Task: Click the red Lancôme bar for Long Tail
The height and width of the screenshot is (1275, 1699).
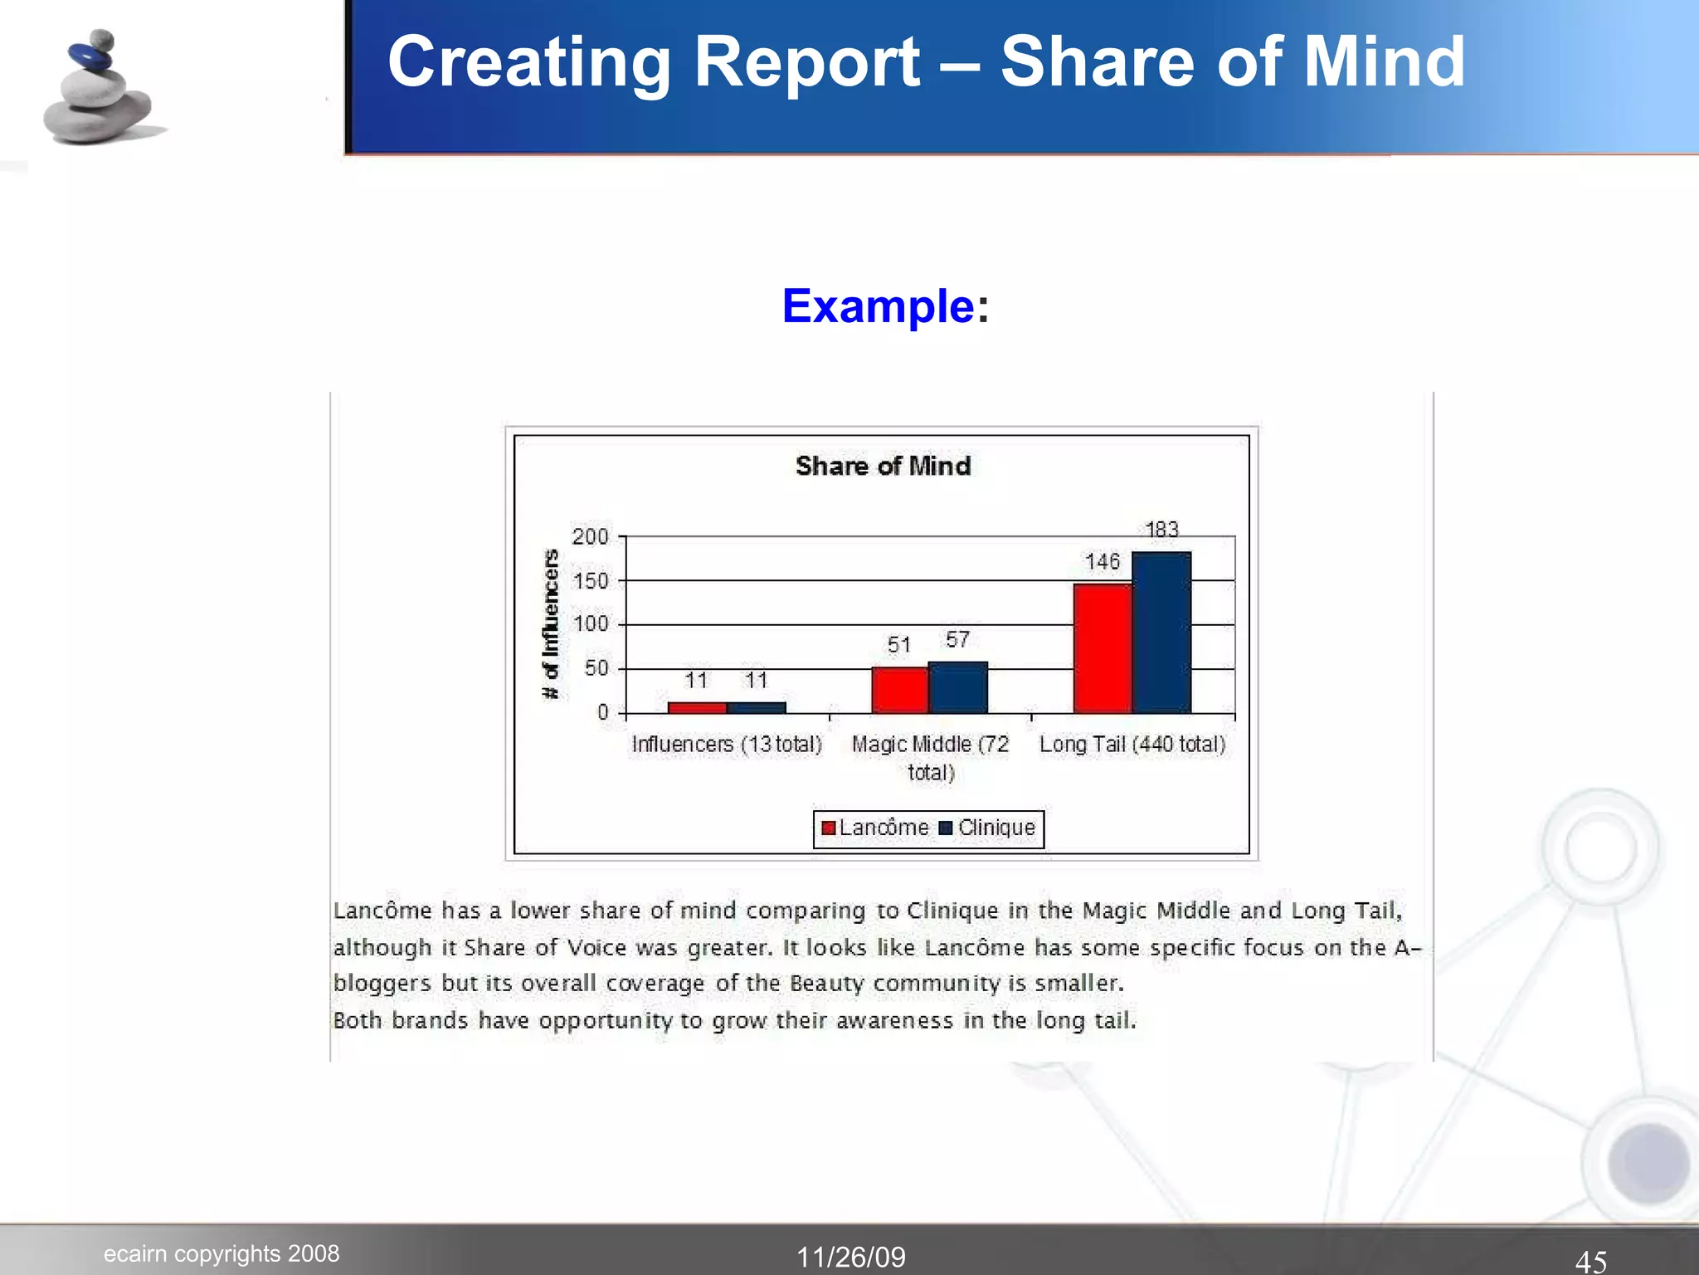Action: click(x=1103, y=647)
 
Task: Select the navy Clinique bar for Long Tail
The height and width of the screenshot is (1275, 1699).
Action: click(x=1161, y=632)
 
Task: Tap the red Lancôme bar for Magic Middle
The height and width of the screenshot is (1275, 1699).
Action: click(x=899, y=689)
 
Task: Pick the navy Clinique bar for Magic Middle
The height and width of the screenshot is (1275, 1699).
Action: click(x=958, y=686)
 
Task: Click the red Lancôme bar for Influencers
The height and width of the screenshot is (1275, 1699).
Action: click(x=697, y=707)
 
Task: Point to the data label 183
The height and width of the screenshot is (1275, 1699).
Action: click(x=1161, y=530)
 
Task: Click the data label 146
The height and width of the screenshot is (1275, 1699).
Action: click(x=1103, y=562)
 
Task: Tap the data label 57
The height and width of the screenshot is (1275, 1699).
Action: click(x=957, y=639)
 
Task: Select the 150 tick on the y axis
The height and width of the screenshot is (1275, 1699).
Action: click(x=591, y=580)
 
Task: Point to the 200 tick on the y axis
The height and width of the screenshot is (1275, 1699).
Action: click(x=591, y=536)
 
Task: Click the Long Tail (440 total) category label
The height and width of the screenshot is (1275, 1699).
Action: click(x=1132, y=744)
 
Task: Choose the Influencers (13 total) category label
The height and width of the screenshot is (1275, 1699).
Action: click(x=727, y=744)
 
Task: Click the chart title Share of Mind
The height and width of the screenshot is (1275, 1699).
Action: click(x=883, y=466)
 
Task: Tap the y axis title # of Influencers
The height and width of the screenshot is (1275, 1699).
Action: click(x=550, y=624)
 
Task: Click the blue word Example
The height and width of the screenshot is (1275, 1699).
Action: click(x=878, y=305)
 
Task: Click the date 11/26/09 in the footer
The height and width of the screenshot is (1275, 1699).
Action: click(x=851, y=1257)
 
